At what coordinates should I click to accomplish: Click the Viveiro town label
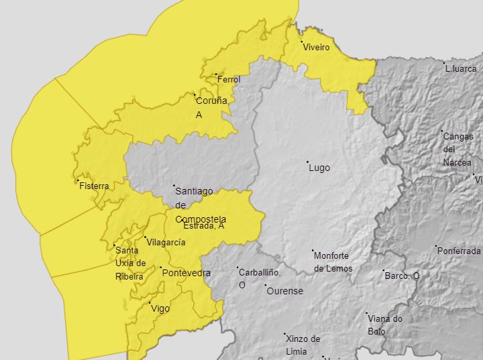click(x=316, y=48)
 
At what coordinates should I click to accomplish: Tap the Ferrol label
click(x=228, y=80)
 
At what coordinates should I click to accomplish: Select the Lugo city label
click(x=319, y=168)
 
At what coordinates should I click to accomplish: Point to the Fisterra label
click(x=94, y=186)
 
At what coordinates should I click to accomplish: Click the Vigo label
click(x=160, y=308)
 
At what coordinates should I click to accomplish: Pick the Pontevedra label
click(x=186, y=273)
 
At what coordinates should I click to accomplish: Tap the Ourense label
click(x=285, y=291)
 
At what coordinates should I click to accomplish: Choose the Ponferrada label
click(x=459, y=251)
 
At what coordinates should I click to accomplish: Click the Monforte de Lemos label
click(x=333, y=262)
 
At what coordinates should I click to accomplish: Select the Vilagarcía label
click(x=166, y=243)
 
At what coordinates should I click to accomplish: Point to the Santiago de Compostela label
click(x=199, y=204)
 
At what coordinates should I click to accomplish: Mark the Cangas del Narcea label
click(x=457, y=149)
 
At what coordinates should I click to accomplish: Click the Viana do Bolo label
click(x=386, y=324)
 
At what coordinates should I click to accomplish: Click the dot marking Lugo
click(x=308, y=162)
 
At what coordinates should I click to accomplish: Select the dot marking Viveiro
click(x=302, y=42)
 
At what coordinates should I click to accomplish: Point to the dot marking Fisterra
click(x=78, y=180)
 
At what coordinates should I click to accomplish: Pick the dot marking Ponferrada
click(x=437, y=246)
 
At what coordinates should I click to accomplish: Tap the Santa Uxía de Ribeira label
click(x=131, y=263)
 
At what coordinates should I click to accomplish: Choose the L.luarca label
click(x=460, y=68)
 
